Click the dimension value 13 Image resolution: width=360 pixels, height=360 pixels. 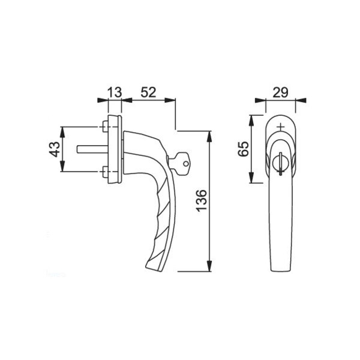pyautogui.click(x=115, y=92)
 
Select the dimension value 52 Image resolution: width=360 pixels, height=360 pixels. pyautogui.click(x=148, y=92)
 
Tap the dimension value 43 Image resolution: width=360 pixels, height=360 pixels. pyautogui.click(x=55, y=149)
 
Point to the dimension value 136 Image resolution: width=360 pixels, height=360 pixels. pyautogui.click(x=202, y=200)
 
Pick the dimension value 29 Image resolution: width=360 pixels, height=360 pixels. pyautogui.click(x=280, y=92)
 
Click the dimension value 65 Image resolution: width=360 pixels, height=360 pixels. pyautogui.click(x=243, y=149)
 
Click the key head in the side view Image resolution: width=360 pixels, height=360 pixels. pyautogui.click(x=182, y=163)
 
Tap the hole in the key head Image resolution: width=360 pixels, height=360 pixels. pyautogui.click(x=186, y=163)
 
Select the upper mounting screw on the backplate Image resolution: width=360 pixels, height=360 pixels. pyautogui.click(x=105, y=127)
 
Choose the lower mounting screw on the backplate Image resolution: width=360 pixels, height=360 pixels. pyautogui.click(x=105, y=172)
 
